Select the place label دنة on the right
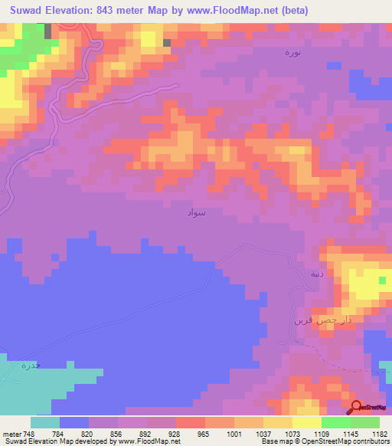coord(317,274)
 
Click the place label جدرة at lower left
coord(29,366)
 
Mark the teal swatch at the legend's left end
coord(45,422)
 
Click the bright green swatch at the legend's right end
coord(365,422)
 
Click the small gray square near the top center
coord(166,43)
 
